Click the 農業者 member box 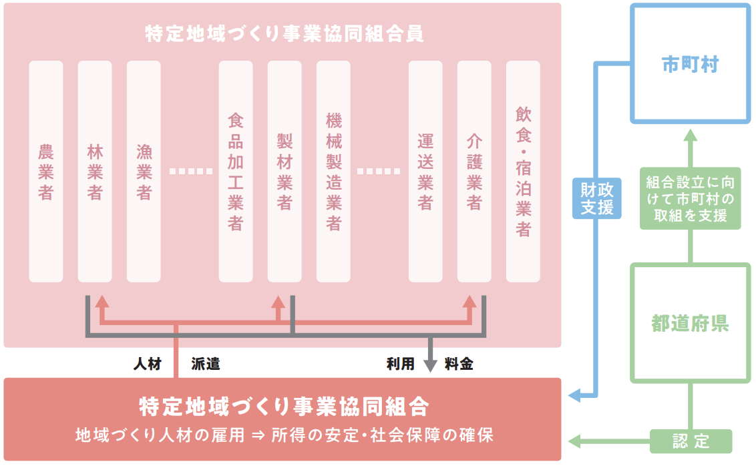[46, 172]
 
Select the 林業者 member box [95, 172]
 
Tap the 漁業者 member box [144, 172]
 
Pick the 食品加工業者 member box [236, 172]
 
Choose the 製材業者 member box [285, 172]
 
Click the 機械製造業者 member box [333, 172]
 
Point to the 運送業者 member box [425, 172]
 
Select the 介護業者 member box [474, 172]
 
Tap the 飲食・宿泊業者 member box [523, 172]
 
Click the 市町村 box [691, 65]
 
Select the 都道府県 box [691, 324]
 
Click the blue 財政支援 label [597, 198]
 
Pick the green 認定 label [691, 441]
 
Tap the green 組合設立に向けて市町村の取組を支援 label [691, 198]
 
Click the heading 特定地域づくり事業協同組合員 [284, 34]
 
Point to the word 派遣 [206, 365]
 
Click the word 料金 [459, 365]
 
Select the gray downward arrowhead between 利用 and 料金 [431, 365]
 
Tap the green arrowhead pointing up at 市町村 [691, 137]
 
